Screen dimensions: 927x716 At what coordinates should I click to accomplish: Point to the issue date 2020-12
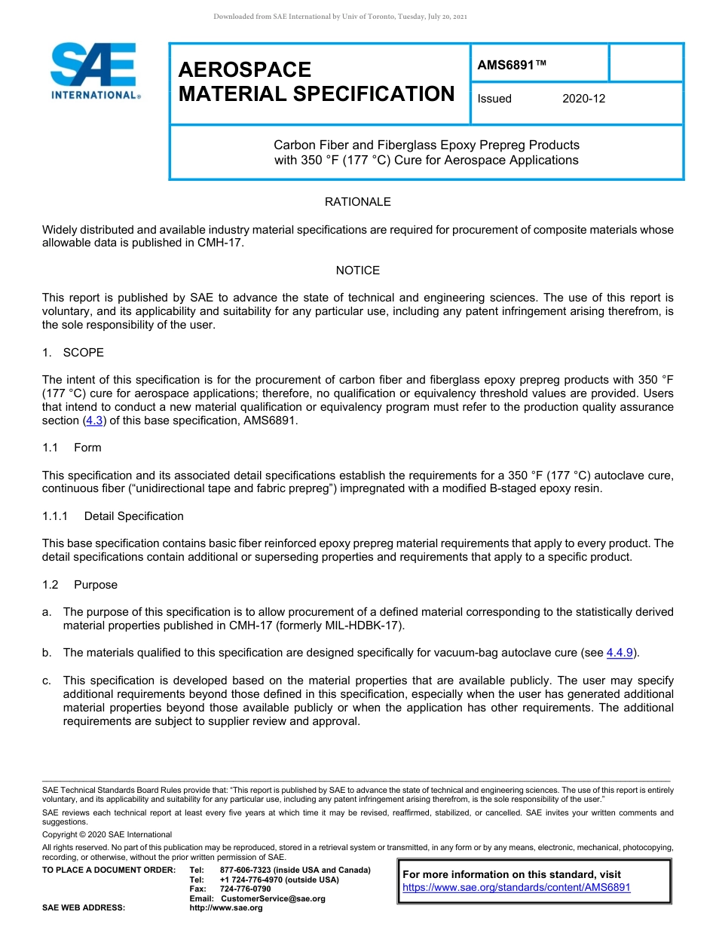click(x=583, y=99)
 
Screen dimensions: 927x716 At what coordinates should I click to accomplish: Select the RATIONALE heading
click(x=357, y=202)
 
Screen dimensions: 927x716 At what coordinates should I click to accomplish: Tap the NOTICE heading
click(x=357, y=271)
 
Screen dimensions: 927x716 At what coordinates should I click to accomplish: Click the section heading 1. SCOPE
click(x=73, y=353)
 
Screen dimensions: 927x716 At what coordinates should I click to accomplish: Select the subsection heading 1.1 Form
click(x=72, y=448)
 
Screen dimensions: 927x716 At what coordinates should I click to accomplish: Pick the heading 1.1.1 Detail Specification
click(x=113, y=516)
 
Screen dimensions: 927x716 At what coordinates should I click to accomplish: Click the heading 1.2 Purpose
click(x=80, y=585)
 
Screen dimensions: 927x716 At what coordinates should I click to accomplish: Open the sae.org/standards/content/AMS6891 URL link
click(x=516, y=888)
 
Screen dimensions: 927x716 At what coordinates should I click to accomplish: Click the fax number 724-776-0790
click(x=245, y=889)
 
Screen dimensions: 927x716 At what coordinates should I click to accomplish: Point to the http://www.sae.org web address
click(x=226, y=908)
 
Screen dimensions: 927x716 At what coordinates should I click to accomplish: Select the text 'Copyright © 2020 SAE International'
click(x=107, y=834)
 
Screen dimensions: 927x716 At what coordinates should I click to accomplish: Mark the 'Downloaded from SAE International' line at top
click(x=341, y=17)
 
